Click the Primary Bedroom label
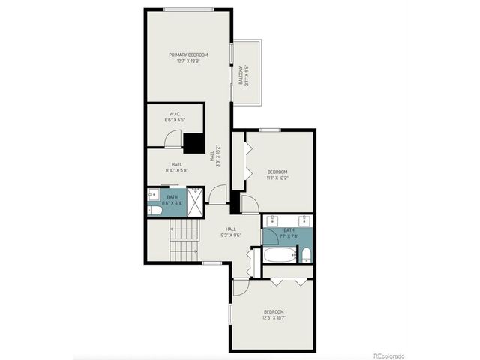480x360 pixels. (188, 58)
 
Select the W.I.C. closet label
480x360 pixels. (174, 117)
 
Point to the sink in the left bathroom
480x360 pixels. (152, 194)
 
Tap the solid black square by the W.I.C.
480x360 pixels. (194, 142)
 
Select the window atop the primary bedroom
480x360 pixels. (188, 9)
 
